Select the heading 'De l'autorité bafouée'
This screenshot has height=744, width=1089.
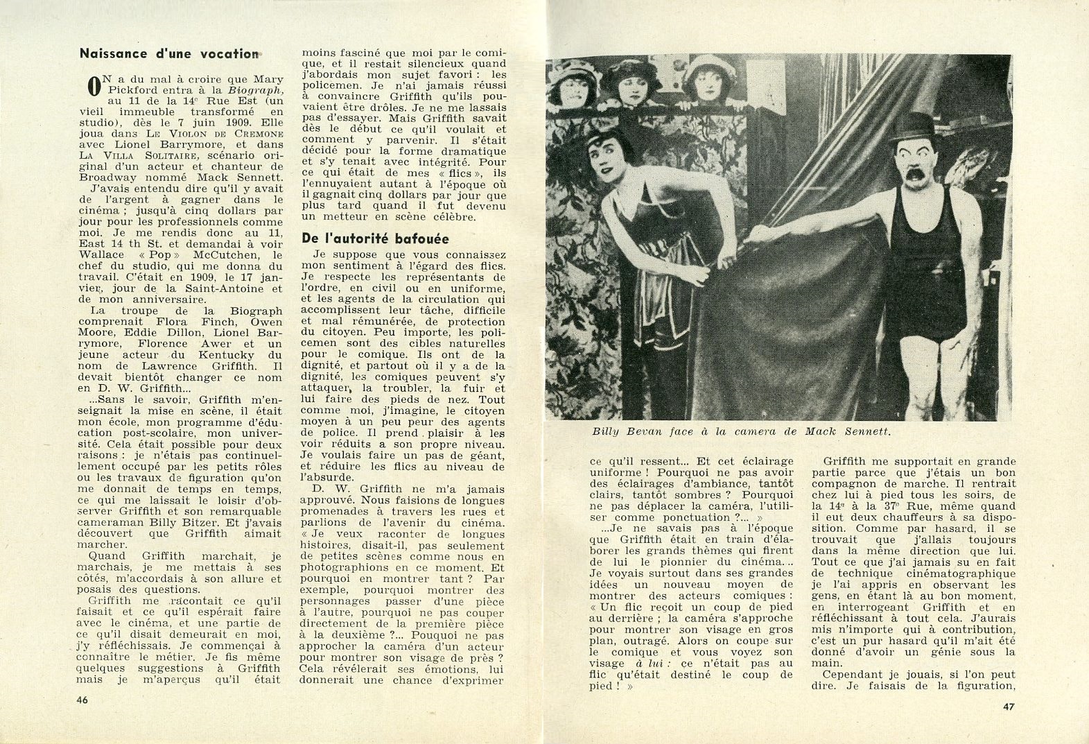375,239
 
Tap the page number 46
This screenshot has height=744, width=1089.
83,700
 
